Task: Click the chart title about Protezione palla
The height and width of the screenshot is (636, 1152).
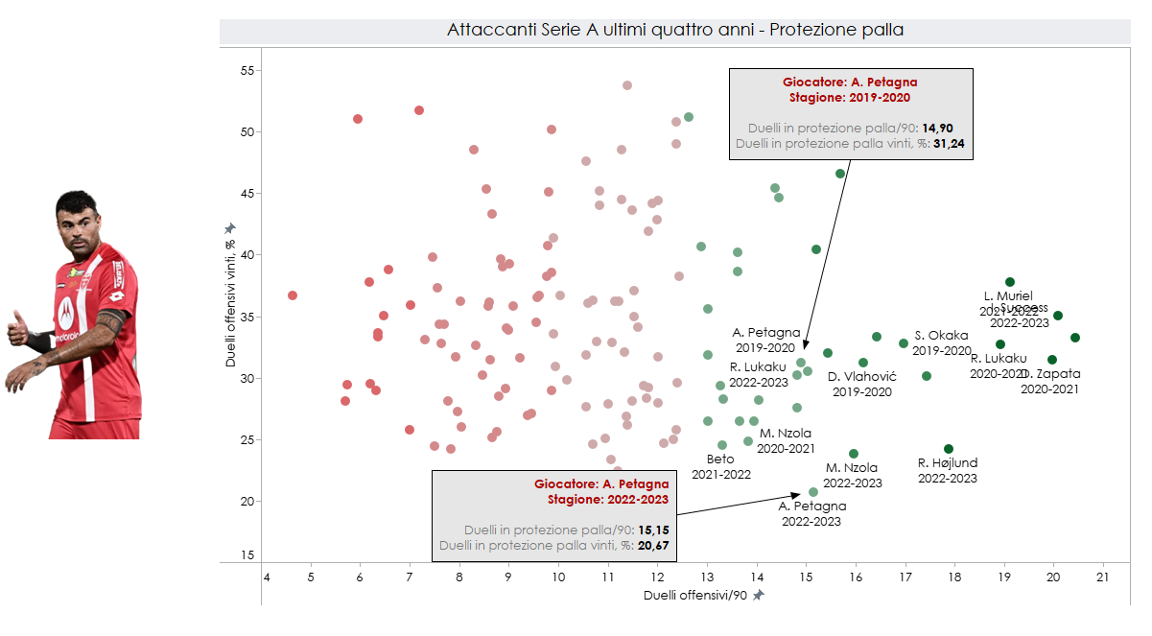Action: [x=675, y=30]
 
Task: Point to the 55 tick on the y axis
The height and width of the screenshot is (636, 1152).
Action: [x=247, y=71]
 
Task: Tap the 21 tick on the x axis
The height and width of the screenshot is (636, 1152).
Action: [x=1102, y=577]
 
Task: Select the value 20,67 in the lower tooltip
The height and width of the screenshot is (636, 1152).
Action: [x=656, y=545]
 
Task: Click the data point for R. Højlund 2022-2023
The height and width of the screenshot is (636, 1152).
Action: [x=949, y=449]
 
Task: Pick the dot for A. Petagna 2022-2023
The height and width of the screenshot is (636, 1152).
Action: [x=813, y=492]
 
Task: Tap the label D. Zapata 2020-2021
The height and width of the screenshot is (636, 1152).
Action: [x=1051, y=381]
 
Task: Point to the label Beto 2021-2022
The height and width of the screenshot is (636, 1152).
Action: [x=720, y=466]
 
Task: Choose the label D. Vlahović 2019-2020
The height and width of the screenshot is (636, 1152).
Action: [x=861, y=384]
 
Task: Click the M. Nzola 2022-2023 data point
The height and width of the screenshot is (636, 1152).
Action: [x=854, y=454]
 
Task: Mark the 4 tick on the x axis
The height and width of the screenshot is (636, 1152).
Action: [x=266, y=577]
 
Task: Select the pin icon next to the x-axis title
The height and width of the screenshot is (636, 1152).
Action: [x=759, y=596]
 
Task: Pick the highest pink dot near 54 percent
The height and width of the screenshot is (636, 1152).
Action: [x=627, y=85]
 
